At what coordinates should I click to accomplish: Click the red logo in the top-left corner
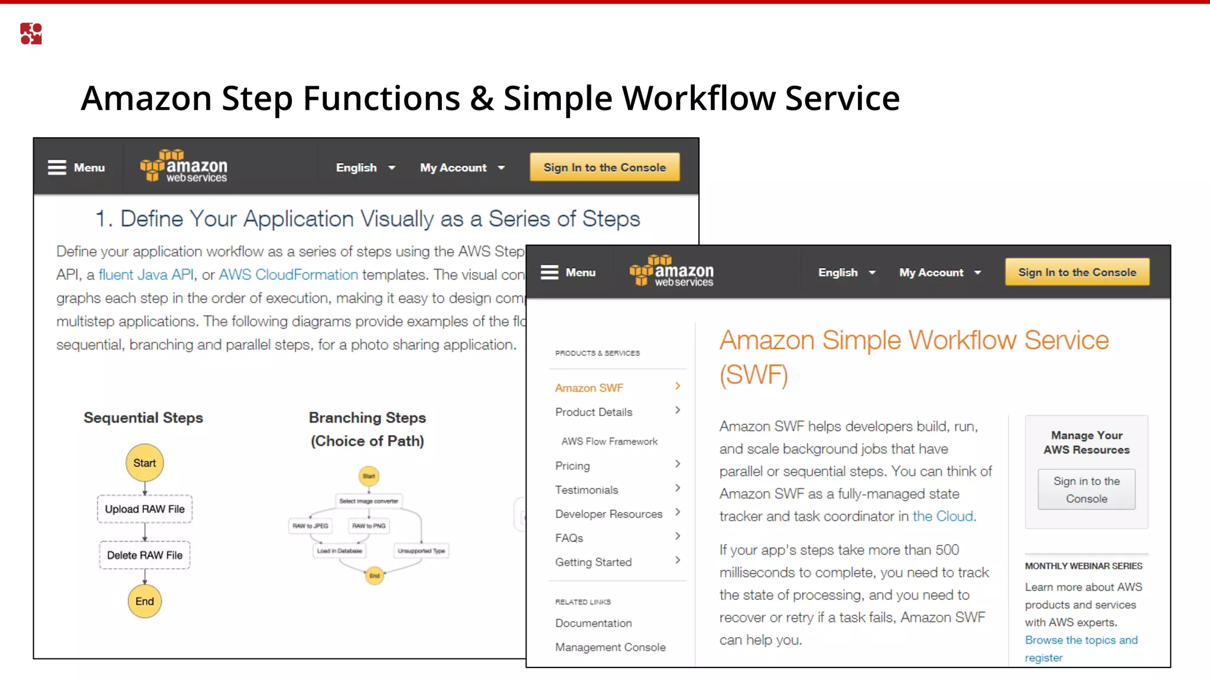31,34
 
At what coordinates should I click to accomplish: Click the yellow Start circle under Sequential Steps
145,463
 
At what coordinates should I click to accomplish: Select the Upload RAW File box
145,509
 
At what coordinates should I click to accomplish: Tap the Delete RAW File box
145,555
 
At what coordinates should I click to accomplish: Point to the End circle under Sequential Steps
145,601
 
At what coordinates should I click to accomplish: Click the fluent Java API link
146,275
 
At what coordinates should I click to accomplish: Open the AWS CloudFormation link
288,275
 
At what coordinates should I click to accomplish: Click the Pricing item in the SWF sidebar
573,466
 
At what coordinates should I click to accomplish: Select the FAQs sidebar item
569,538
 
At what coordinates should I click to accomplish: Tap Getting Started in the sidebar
593,562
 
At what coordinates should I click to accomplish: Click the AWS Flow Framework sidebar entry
609,442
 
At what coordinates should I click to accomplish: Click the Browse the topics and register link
1081,648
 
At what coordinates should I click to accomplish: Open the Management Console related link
610,647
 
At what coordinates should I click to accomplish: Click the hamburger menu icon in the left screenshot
57,168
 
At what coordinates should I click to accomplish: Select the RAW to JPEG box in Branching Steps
310,526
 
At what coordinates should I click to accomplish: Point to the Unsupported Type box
421,551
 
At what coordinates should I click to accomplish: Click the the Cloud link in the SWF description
943,516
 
